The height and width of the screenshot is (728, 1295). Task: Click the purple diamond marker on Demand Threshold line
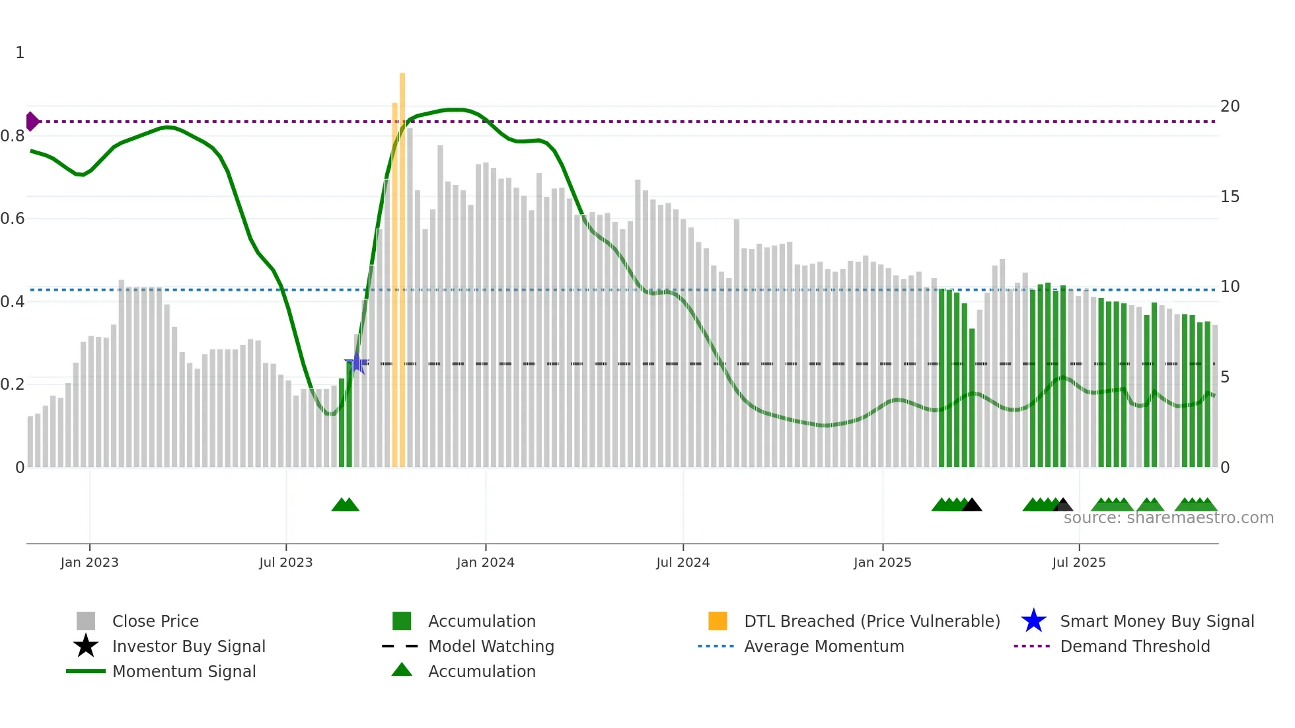tap(32, 122)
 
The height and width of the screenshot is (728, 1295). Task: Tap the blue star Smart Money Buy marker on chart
tap(357, 363)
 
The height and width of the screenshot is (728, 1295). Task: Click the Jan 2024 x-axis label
tap(485, 562)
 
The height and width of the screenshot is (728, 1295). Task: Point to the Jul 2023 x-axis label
tap(285, 562)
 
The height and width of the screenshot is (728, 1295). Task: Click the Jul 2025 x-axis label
tap(1078, 562)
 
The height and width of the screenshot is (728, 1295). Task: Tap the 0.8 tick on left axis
tap(13, 136)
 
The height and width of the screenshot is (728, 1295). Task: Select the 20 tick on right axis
tap(1230, 106)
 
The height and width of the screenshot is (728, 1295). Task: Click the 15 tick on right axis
tap(1230, 197)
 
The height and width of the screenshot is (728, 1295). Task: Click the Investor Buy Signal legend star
tap(86, 646)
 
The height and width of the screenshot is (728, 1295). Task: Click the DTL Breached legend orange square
tap(718, 621)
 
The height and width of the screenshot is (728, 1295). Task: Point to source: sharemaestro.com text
tap(1168, 518)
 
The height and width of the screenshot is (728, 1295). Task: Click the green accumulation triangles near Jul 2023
tap(345, 505)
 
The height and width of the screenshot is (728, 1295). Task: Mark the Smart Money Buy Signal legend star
tap(1033, 621)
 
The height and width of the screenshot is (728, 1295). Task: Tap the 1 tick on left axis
tap(20, 53)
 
